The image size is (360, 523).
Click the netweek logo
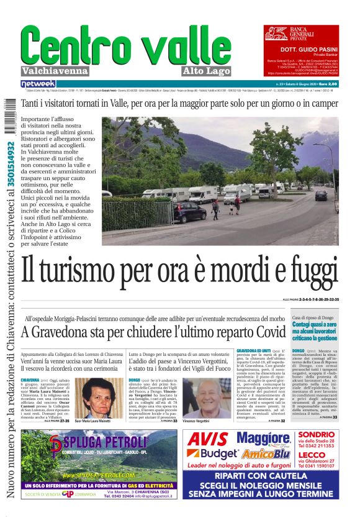tap(38, 83)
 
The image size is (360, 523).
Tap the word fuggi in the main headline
tap(308, 272)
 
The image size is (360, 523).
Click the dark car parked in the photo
tap(190, 212)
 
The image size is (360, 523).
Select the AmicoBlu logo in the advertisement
tap(257, 454)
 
